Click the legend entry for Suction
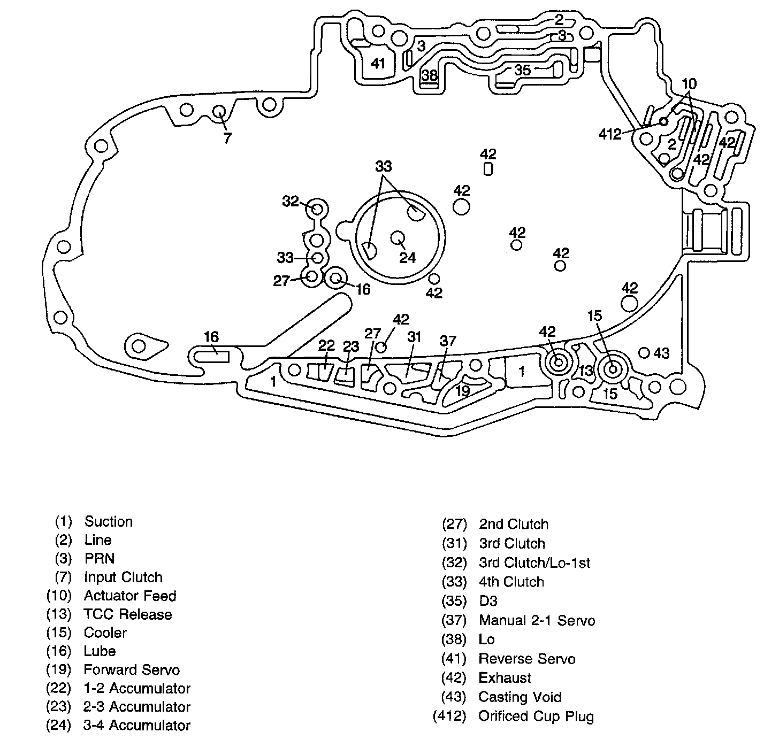[108, 522]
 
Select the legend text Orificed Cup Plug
[536, 716]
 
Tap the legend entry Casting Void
[520, 697]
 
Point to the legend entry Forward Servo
[132, 670]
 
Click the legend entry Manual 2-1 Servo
[537, 620]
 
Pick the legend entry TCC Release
[127, 614]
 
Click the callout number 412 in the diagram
[610, 134]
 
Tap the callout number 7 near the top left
[227, 138]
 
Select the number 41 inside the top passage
[378, 64]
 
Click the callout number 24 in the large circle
[408, 258]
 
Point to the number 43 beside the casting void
[661, 353]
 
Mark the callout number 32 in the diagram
[291, 202]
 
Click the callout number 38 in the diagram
[430, 75]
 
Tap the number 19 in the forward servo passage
[462, 391]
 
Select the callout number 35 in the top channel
[522, 70]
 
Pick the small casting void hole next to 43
[645, 353]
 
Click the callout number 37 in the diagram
[448, 341]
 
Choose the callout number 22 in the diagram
[326, 345]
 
